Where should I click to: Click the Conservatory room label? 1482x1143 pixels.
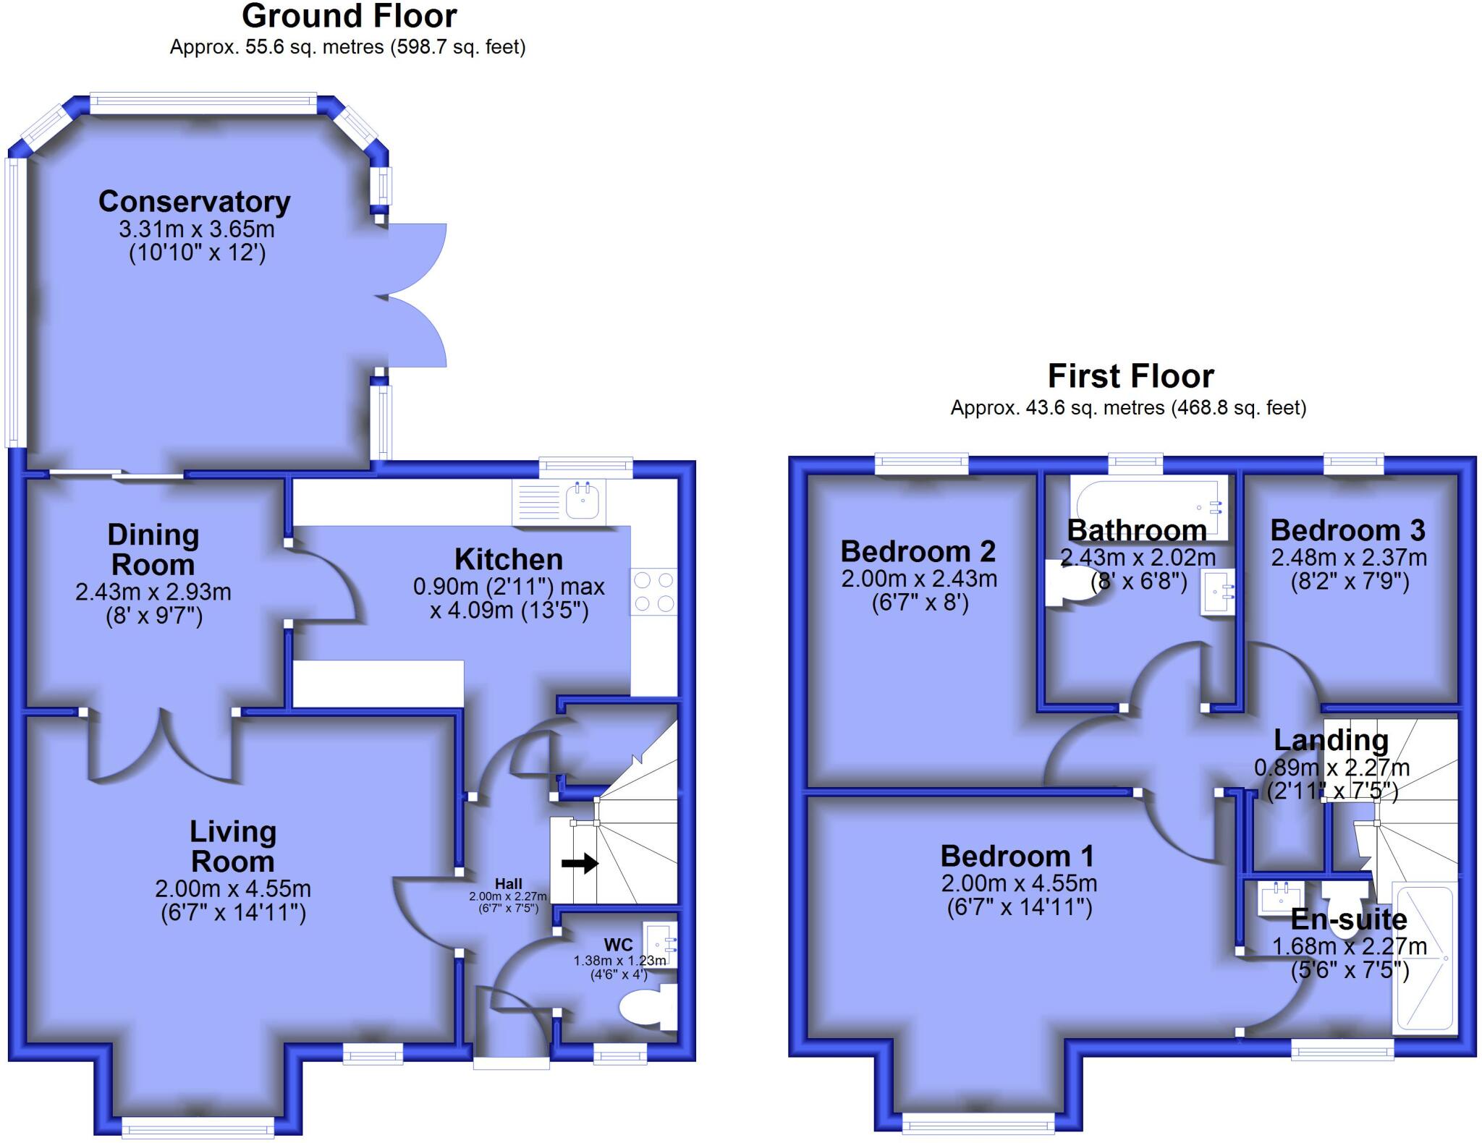coord(194,202)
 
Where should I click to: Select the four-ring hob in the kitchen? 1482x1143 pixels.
coord(653,592)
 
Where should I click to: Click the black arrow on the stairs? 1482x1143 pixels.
coord(580,863)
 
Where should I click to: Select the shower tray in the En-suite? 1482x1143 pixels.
coord(1423,958)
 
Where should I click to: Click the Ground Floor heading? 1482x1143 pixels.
coord(349,16)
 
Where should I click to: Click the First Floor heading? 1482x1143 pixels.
coord(1130,376)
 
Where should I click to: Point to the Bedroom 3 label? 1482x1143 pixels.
coord(1347,530)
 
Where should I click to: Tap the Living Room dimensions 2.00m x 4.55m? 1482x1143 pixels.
coord(233,888)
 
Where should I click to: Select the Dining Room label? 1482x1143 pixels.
coord(153,550)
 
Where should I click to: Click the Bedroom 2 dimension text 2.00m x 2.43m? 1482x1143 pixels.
coord(919,579)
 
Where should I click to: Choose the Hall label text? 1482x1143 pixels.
coord(508,884)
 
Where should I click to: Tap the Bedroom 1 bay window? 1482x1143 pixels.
coord(978,1123)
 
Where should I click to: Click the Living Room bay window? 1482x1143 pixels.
coord(198,1126)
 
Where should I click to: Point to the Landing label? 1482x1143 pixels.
coord(1331,740)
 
